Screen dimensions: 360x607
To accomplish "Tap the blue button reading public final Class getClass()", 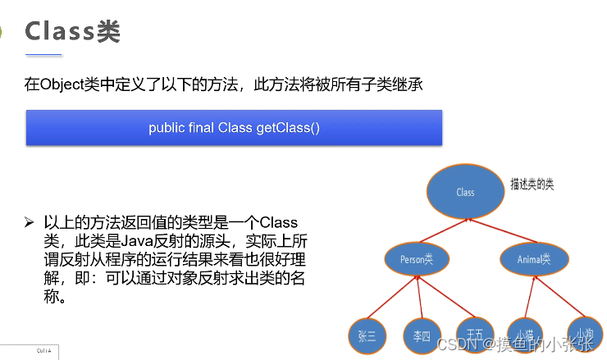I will (x=234, y=128).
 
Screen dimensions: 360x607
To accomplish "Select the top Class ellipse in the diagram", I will (x=464, y=192).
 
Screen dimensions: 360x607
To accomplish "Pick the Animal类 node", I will (x=533, y=259).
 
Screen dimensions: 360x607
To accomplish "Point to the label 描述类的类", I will (x=532, y=185).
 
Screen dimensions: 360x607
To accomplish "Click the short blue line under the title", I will (x=44, y=55).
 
